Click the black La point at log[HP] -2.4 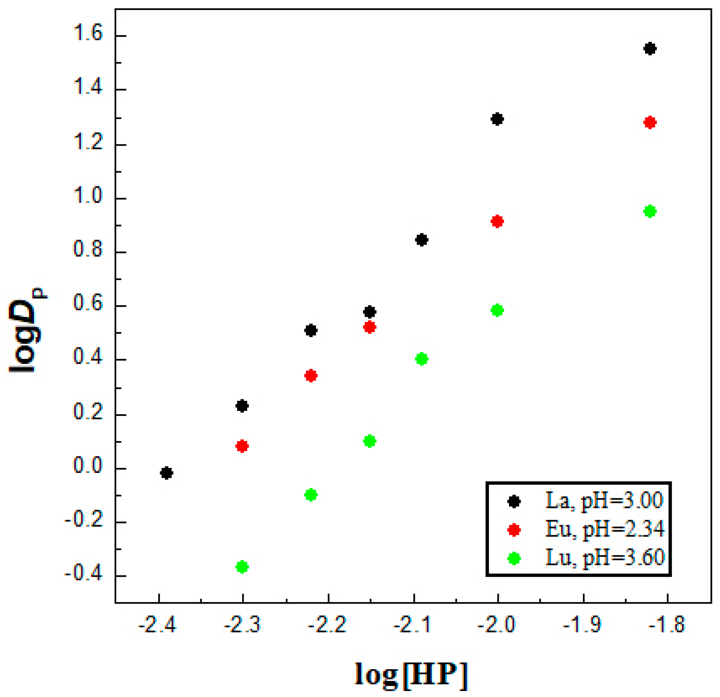tap(166, 473)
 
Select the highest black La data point tap(650, 48)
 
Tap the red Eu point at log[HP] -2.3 tap(242, 446)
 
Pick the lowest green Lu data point tap(242, 567)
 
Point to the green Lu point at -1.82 tap(650, 212)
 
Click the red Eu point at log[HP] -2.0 tap(497, 222)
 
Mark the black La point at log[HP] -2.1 tap(422, 240)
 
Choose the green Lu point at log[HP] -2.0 tap(497, 310)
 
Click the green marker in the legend tap(514, 559)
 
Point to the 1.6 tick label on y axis tap(88, 34)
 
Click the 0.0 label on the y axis tap(88, 466)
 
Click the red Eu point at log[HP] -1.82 tap(650, 122)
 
